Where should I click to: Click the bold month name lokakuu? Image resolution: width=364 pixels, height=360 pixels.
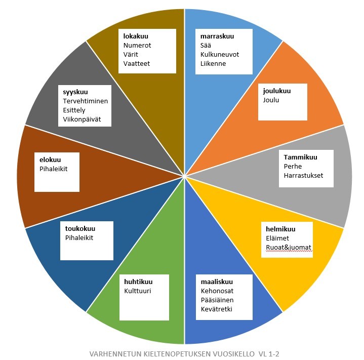(x=136, y=36)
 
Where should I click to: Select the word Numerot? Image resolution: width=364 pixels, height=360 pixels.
(x=137, y=45)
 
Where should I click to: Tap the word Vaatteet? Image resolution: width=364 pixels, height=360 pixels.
(x=137, y=64)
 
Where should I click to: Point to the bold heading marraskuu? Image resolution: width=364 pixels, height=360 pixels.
(x=217, y=36)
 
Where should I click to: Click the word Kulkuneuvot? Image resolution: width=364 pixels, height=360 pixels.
(x=220, y=55)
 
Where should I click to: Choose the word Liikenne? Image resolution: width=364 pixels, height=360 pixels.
(x=213, y=64)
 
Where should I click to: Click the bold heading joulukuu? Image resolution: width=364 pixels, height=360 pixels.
(x=277, y=91)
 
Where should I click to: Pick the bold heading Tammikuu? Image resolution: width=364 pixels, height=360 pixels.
(x=300, y=157)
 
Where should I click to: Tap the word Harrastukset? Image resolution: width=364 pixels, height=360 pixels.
(x=303, y=176)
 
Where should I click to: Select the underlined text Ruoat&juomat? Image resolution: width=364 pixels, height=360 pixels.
(x=289, y=248)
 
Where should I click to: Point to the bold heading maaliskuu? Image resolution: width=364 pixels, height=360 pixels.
(x=217, y=282)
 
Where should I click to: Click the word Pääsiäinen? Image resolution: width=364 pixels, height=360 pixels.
(x=217, y=300)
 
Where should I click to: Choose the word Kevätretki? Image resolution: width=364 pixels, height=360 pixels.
(x=216, y=309)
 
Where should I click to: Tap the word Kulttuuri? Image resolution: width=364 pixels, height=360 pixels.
(x=137, y=291)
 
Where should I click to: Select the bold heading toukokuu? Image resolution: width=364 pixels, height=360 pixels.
(x=80, y=229)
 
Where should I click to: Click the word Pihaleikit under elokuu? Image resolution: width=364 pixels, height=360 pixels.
(x=53, y=169)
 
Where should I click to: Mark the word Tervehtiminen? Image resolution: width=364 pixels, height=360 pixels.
(x=85, y=101)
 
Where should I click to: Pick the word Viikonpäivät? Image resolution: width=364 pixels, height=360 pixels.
(x=82, y=119)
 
